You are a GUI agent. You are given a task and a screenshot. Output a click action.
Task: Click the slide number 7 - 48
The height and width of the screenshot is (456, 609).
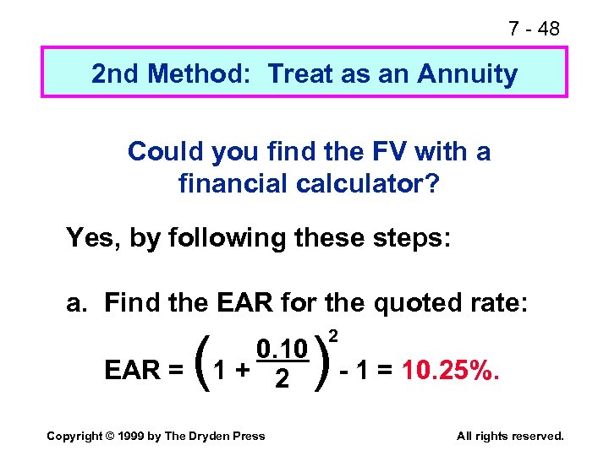click(534, 29)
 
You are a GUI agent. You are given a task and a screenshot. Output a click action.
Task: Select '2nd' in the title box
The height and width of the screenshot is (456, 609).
click(116, 74)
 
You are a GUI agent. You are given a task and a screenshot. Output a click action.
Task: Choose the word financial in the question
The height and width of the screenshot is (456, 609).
click(231, 182)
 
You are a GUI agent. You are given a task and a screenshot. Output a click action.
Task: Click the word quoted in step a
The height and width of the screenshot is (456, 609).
click(421, 301)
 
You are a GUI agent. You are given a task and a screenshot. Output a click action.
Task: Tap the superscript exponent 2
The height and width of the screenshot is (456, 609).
click(333, 336)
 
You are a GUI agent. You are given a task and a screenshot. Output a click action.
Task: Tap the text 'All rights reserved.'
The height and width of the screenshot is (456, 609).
click(509, 436)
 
